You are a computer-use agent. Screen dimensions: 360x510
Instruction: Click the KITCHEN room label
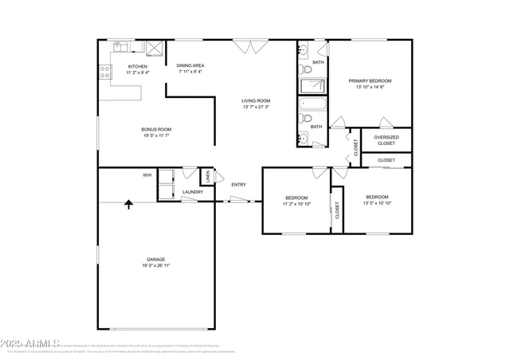(137, 66)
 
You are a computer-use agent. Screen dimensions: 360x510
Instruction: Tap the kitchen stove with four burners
(104, 72)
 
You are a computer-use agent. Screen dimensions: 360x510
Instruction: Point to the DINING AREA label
(190, 65)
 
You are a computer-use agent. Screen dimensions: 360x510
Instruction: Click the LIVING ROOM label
(256, 100)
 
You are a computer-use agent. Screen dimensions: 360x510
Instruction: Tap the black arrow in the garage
(127, 205)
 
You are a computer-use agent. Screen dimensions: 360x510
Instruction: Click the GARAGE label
(155, 259)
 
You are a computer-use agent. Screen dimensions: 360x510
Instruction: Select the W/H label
(147, 174)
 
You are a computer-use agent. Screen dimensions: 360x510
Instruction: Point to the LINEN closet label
(207, 177)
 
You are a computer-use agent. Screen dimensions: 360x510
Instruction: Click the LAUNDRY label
(192, 192)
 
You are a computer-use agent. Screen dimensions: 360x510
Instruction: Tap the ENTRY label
(238, 185)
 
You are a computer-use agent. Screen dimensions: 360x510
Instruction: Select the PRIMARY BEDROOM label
(370, 80)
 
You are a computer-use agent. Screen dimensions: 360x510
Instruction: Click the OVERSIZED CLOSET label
(386, 140)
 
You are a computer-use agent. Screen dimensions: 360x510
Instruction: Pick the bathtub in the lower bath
(312, 104)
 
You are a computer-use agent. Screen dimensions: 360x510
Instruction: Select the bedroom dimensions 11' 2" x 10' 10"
(296, 204)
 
